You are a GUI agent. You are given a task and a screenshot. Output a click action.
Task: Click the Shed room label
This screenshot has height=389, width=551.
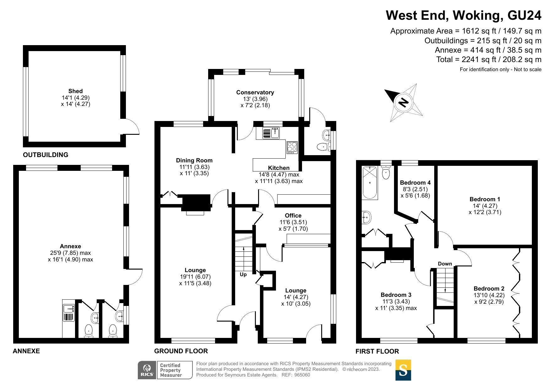(75, 91)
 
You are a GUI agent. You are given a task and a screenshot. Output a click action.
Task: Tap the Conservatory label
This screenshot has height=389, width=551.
(255, 92)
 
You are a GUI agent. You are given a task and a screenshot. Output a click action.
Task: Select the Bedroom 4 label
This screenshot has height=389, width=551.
(415, 183)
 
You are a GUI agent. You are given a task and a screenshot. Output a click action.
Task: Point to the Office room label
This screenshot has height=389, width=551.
(293, 216)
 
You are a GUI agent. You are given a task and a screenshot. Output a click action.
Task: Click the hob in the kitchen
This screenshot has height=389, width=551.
(292, 147)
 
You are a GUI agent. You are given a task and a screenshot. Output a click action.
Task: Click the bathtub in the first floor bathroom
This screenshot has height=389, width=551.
(370, 183)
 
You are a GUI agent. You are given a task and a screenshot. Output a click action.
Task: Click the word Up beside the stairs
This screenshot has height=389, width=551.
(243, 275)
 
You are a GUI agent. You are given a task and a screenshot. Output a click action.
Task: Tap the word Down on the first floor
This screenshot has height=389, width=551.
(445, 264)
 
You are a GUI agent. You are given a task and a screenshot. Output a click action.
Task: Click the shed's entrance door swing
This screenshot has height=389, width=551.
(131, 127)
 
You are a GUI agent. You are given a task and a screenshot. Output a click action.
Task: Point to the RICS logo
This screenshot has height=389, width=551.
(147, 370)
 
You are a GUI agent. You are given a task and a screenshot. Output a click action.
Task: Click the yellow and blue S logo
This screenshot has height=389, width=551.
(403, 370)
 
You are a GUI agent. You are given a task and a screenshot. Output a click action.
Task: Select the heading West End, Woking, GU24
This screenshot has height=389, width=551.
(463, 15)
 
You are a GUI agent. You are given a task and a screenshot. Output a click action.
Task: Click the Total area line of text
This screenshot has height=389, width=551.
(489, 60)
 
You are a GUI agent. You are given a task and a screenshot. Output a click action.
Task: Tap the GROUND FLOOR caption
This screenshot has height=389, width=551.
(181, 351)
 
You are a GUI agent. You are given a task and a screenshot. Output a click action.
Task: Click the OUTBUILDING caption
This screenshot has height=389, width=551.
(46, 155)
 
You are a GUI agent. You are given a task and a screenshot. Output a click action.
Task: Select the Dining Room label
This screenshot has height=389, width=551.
(194, 160)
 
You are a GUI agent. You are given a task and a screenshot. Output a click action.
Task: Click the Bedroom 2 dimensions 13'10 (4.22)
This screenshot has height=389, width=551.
(489, 295)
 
